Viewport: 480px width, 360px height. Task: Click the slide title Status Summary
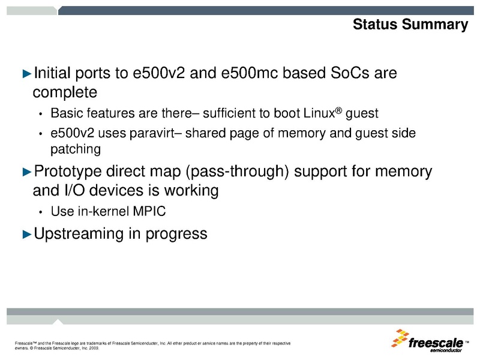[410, 25]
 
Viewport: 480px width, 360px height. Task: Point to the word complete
[65, 92]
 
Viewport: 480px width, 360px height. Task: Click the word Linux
[323, 113]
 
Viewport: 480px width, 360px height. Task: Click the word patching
[76, 148]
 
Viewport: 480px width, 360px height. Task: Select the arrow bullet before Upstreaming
[26, 233]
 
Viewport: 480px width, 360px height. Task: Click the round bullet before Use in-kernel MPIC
[40, 212]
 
